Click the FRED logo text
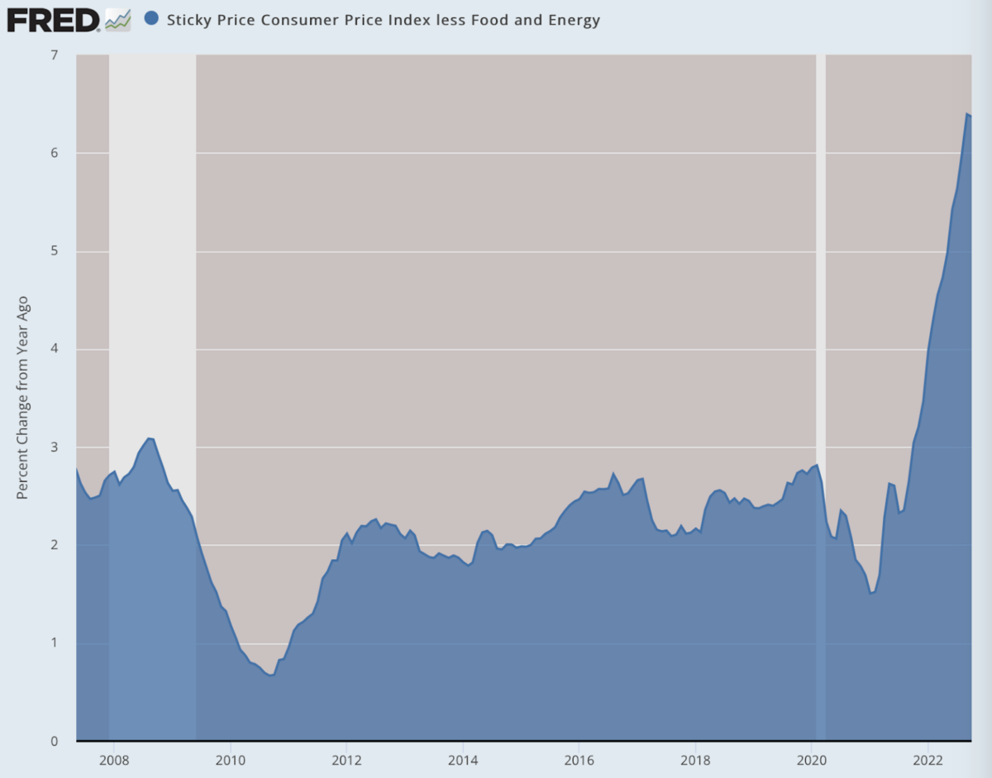pyautogui.click(x=53, y=20)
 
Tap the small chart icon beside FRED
pyautogui.click(x=117, y=20)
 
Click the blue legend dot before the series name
pyautogui.click(x=151, y=19)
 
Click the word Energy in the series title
pyautogui.click(x=575, y=20)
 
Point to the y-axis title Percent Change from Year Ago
pyautogui.click(x=23, y=397)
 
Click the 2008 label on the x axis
pyautogui.click(x=113, y=760)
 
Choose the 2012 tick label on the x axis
pyautogui.click(x=346, y=760)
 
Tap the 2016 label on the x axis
pyautogui.click(x=579, y=760)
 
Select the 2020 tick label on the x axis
pyautogui.click(x=812, y=760)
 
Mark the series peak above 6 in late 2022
pyautogui.click(x=966, y=114)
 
